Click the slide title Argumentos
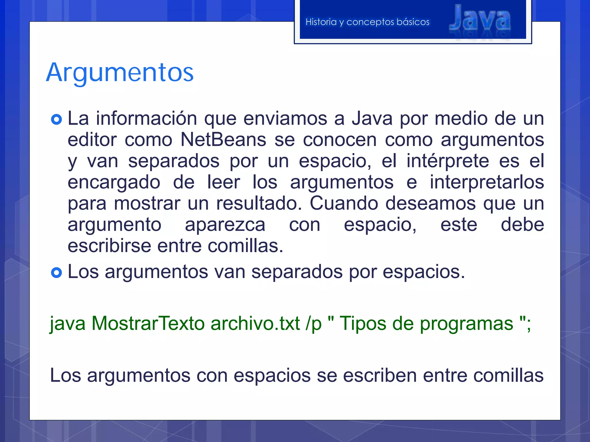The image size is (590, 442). click(x=120, y=73)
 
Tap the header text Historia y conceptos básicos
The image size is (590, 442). click(x=367, y=22)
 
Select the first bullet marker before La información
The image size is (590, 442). click(x=56, y=119)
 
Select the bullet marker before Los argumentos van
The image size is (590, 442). click(x=56, y=273)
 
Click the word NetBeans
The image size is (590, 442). click(x=223, y=140)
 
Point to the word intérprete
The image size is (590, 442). click(x=448, y=161)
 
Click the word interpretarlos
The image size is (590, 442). click(x=487, y=182)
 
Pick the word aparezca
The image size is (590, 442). click(x=225, y=225)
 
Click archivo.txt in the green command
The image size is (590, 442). click(x=255, y=323)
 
